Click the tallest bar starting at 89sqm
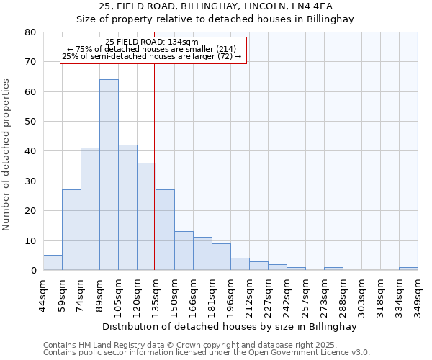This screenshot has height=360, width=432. (109, 175)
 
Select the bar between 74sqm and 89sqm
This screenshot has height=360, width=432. (90, 209)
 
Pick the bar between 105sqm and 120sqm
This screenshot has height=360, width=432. (127, 207)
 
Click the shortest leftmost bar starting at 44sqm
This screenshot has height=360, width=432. (53, 263)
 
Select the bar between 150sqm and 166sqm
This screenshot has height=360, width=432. (184, 251)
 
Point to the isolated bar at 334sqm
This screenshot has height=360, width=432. (408, 269)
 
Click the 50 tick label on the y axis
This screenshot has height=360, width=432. (30, 122)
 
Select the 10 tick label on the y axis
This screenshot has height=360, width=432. (30, 240)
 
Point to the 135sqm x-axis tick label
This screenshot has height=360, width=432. (156, 295)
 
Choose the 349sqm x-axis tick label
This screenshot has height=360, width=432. (418, 295)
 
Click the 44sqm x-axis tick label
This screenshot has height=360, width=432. (43, 295)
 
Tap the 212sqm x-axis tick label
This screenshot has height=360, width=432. (249, 295)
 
